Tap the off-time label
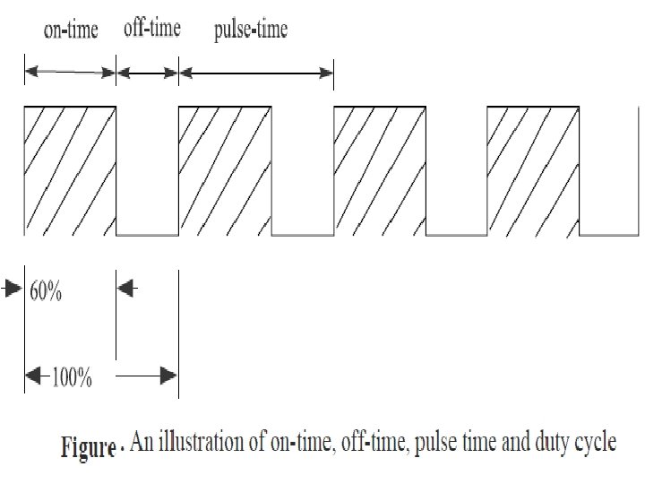coord(151,29)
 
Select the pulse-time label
coord(251,31)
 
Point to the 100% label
coord(71,377)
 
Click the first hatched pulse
coord(71,170)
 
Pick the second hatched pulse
coord(225,170)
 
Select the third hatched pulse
coord(379,170)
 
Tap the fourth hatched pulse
coord(532,170)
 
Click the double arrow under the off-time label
coord(148,71)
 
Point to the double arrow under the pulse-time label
coord(256,73)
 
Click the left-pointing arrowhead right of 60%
coord(126,289)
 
